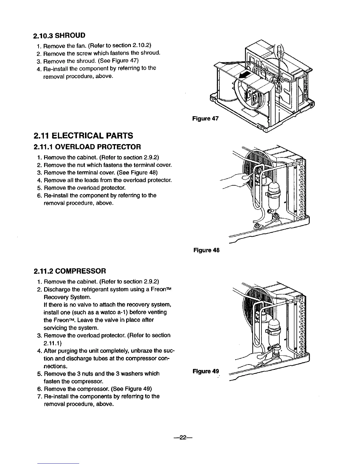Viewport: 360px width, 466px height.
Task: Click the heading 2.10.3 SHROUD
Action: pos(59,36)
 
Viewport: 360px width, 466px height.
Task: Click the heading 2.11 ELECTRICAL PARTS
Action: pos(84,136)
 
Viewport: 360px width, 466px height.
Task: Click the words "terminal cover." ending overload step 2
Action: pos(154,165)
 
